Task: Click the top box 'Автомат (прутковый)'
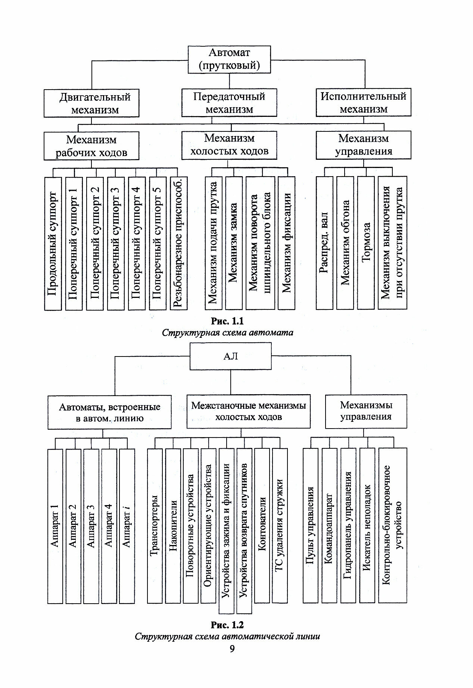pyautogui.click(x=229, y=59)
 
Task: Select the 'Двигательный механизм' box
pyautogui.click(x=91, y=103)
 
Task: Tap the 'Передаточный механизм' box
pyautogui.click(x=229, y=103)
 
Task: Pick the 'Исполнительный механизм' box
pyautogui.click(x=363, y=102)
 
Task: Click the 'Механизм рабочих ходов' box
pyautogui.click(x=91, y=146)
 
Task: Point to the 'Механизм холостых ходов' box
pyautogui.click(x=229, y=145)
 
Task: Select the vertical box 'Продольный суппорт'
pyautogui.click(x=53, y=243)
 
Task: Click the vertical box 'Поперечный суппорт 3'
pyautogui.click(x=116, y=243)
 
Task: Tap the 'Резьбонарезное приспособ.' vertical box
pyautogui.click(x=178, y=243)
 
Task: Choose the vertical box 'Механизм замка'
pyautogui.click(x=234, y=243)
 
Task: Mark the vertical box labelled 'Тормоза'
pyautogui.click(x=365, y=243)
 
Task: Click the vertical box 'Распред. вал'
pyautogui.click(x=324, y=243)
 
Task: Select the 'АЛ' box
pyautogui.click(x=230, y=356)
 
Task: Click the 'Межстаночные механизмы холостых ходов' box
pyautogui.click(x=248, y=411)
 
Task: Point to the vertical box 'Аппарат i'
pyautogui.click(x=127, y=526)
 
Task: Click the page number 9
pyautogui.click(x=232, y=649)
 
